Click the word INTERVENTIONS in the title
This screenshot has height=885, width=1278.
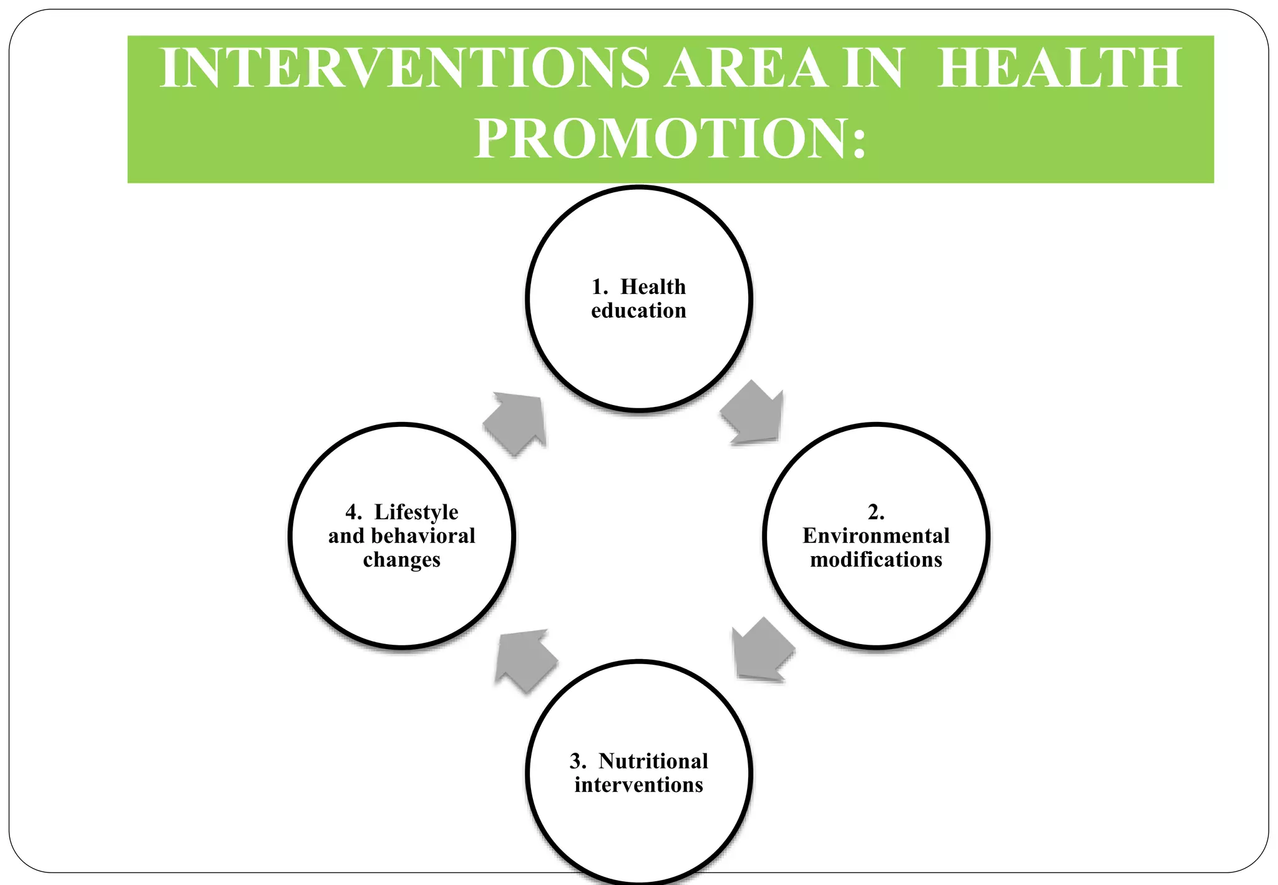point(404,68)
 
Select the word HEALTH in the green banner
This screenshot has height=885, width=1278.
point(1059,68)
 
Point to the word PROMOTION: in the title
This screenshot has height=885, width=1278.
point(670,139)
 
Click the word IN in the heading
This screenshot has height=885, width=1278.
point(872,68)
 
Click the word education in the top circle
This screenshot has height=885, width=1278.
point(638,311)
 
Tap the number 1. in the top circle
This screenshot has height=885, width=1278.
point(600,287)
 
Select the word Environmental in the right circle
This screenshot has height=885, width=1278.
point(876,535)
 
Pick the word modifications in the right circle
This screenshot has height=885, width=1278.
point(876,559)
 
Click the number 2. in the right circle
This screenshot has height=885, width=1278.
point(876,512)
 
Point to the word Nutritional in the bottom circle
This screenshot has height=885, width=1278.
point(653,761)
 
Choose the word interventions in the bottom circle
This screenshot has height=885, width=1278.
point(638,785)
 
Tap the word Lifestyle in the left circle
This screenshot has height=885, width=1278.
point(416,512)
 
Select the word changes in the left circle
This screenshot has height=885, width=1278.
point(401,560)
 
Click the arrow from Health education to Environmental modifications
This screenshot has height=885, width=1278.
point(754,413)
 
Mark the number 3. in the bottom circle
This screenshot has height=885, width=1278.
point(578,761)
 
